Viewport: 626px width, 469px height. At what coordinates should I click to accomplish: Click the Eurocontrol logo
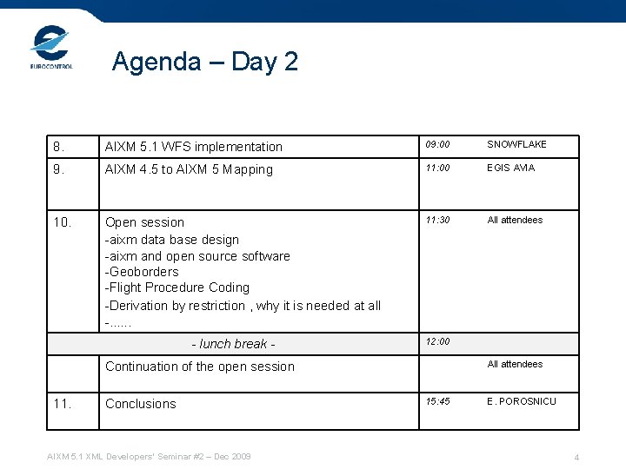coord(51,48)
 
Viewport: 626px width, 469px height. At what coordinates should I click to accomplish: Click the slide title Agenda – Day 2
coord(205,62)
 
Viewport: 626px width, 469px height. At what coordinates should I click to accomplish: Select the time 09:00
coord(437,144)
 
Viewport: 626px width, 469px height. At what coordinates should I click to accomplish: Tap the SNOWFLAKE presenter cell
coord(516,144)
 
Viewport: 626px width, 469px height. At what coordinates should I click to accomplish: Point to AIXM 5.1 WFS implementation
coord(194,147)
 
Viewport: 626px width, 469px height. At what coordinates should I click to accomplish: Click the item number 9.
coord(59,169)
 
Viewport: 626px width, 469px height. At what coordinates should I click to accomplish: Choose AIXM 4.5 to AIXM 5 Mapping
coord(189,169)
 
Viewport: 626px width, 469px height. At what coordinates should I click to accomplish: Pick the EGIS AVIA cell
coord(511,168)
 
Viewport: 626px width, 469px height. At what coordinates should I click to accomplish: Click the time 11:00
coord(437,168)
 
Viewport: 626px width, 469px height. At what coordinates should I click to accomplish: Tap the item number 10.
coord(63,222)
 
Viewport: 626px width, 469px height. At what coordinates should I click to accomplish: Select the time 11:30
coord(437,220)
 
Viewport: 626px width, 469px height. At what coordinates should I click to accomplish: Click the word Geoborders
coord(142,272)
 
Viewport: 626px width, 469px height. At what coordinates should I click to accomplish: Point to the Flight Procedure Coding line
coord(177,287)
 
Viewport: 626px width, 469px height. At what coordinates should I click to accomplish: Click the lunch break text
coord(233,344)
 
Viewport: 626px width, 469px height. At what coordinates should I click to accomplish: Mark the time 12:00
coord(437,341)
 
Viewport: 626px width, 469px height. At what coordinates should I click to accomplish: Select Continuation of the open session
coord(200,367)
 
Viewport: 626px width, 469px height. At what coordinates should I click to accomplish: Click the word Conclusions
coord(141,404)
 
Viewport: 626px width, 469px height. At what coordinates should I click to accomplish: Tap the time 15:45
coord(437,401)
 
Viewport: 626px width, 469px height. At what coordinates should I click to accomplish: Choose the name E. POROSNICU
coord(522,401)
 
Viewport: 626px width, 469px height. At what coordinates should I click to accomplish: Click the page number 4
coord(576,458)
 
